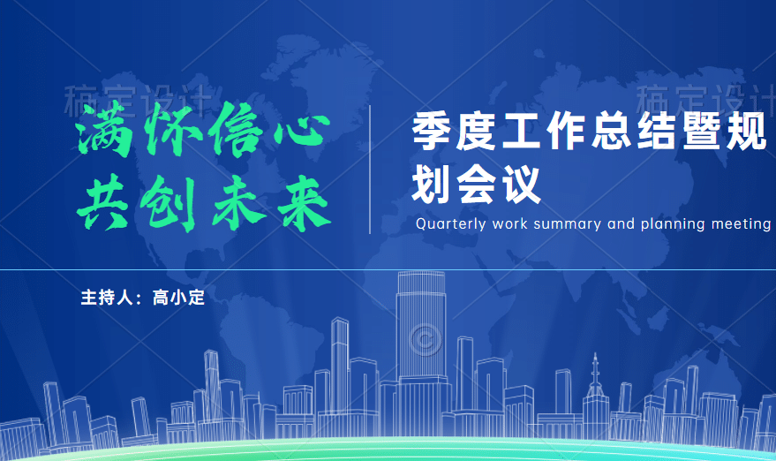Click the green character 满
[x=105, y=129]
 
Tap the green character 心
[x=303, y=129]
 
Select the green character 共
[x=103, y=202]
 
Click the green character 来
[x=304, y=204]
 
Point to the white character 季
[x=432, y=132]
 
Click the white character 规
[x=747, y=132]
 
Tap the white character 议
[x=522, y=185]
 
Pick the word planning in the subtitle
[x=673, y=224]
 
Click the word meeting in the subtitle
[x=741, y=224]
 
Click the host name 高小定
[x=178, y=298]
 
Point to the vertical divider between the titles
[x=370, y=170]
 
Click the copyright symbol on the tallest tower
[x=426, y=340]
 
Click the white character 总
[x=612, y=132]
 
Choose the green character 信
[x=236, y=130]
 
